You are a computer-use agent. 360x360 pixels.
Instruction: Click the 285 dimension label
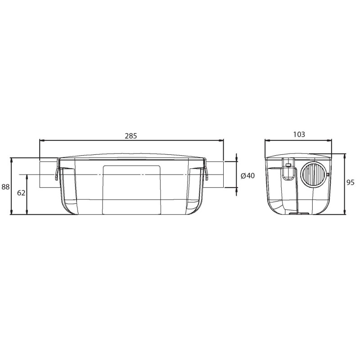(x=130, y=136)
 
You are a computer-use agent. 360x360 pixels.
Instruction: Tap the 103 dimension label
(x=299, y=134)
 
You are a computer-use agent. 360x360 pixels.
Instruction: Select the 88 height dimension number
(x=5, y=187)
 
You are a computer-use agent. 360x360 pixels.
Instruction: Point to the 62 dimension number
(x=21, y=193)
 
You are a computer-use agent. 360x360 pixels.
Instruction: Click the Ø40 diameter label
(x=248, y=175)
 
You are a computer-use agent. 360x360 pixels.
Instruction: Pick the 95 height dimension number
(x=351, y=183)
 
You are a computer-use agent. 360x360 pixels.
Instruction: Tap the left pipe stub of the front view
(x=48, y=175)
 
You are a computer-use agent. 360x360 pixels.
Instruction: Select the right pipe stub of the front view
(x=215, y=175)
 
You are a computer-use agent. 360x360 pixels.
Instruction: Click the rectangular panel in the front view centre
(x=131, y=190)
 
